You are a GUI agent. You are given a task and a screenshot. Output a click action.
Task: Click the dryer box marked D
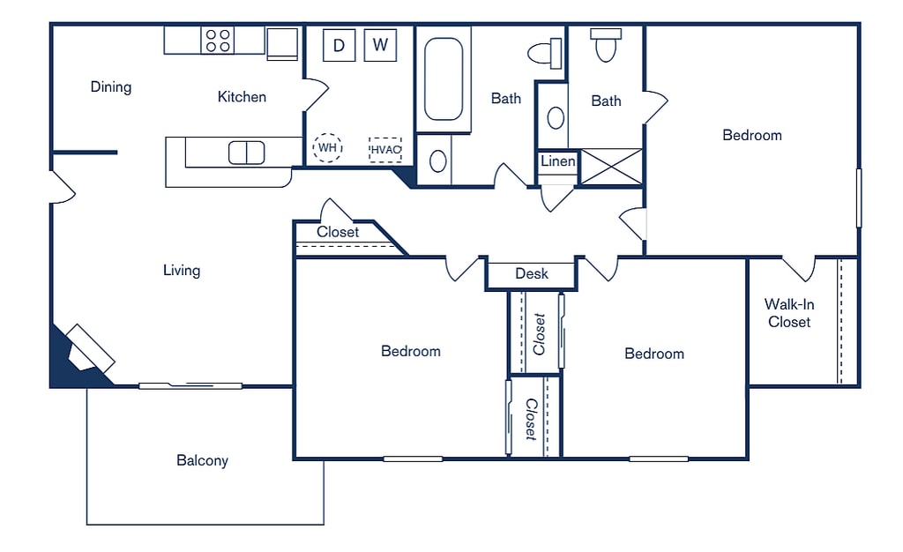point(340,45)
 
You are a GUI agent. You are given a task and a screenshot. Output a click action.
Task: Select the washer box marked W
point(380,45)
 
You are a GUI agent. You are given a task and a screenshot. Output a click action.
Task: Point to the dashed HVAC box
point(385,150)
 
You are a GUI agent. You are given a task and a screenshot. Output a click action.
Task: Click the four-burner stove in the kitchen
point(218,41)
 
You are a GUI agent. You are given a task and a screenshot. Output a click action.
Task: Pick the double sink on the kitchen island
point(247,153)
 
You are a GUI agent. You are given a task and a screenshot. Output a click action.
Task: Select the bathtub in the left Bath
point(444,79)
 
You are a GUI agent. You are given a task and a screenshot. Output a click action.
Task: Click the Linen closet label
point(557,161)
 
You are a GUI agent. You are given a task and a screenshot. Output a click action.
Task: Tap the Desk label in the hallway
point(532,273)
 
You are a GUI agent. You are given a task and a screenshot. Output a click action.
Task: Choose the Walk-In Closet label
point(789,313)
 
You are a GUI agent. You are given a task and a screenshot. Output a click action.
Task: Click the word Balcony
point(202,460)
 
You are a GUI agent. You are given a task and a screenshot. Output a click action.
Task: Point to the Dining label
point(111,87)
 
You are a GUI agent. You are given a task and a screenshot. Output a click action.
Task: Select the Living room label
point(182,271)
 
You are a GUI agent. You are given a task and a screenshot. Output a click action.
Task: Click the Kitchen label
point(242,97)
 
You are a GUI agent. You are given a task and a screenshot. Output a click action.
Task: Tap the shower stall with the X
point(611,167)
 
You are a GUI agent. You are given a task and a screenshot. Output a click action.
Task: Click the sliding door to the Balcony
point(190,385)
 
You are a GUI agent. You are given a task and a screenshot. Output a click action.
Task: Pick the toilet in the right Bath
point(606,45)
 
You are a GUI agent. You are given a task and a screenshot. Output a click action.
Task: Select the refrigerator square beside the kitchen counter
point(283,44)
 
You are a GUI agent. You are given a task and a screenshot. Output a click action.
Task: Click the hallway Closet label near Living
point(338,232)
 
